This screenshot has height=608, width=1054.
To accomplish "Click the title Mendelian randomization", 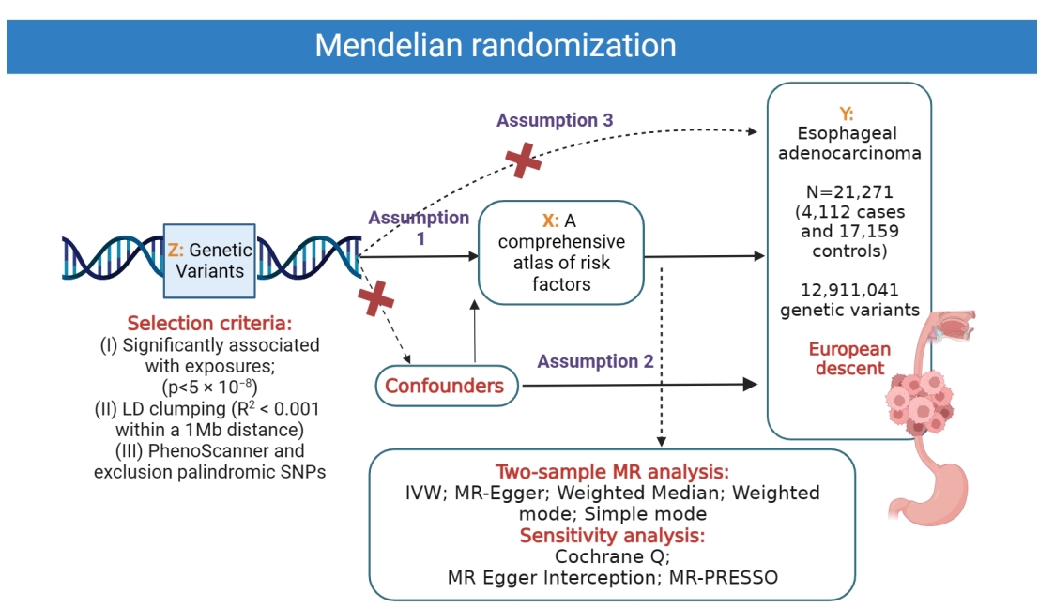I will pos(495,45).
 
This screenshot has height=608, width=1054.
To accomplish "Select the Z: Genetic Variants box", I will pos(209,260).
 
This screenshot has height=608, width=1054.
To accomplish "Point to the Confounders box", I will pos(445,386).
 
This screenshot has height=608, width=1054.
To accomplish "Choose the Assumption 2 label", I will pos(594,361).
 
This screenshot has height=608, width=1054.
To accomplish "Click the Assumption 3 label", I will pos(555,120).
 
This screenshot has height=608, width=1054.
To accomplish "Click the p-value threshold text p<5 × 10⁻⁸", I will pos(208,386).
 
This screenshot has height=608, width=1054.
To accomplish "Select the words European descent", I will pos(849,358).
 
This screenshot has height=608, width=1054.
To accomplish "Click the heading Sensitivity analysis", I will pos(612,536).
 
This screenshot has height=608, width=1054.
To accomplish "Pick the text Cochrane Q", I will pos(612,556).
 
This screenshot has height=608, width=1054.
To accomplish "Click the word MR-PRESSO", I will pos(724,577).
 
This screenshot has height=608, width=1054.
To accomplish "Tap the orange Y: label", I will pos(847,114).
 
